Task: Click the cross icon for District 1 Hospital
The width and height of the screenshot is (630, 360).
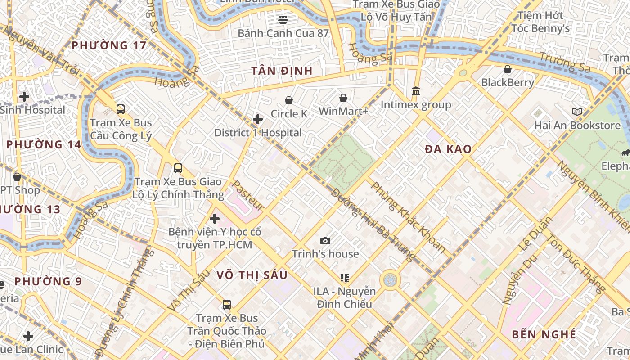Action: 258,119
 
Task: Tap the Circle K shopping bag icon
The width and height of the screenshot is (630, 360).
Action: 289,100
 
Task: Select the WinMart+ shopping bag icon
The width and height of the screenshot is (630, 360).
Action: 343,98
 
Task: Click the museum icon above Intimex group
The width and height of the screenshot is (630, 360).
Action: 416,91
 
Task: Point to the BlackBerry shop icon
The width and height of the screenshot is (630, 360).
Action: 508,69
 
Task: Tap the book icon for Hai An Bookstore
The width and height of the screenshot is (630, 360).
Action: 577,112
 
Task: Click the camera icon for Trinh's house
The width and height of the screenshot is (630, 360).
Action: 325,241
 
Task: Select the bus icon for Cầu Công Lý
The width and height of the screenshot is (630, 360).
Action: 121,109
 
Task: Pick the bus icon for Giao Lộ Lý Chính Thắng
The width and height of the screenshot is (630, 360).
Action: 178,168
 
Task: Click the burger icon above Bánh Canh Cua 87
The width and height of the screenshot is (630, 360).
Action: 283,19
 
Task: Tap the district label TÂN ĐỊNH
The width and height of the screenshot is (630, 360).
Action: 282,71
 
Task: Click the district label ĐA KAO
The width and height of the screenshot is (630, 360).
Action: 448,149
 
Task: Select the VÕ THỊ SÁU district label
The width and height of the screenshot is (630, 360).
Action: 252,275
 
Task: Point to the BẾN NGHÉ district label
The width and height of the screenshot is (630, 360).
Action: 544,334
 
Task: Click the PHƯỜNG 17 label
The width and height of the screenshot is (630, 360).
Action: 109,45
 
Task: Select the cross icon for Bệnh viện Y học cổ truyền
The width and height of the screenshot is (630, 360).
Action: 215,219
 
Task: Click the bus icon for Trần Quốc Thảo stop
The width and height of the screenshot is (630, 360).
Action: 227,305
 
